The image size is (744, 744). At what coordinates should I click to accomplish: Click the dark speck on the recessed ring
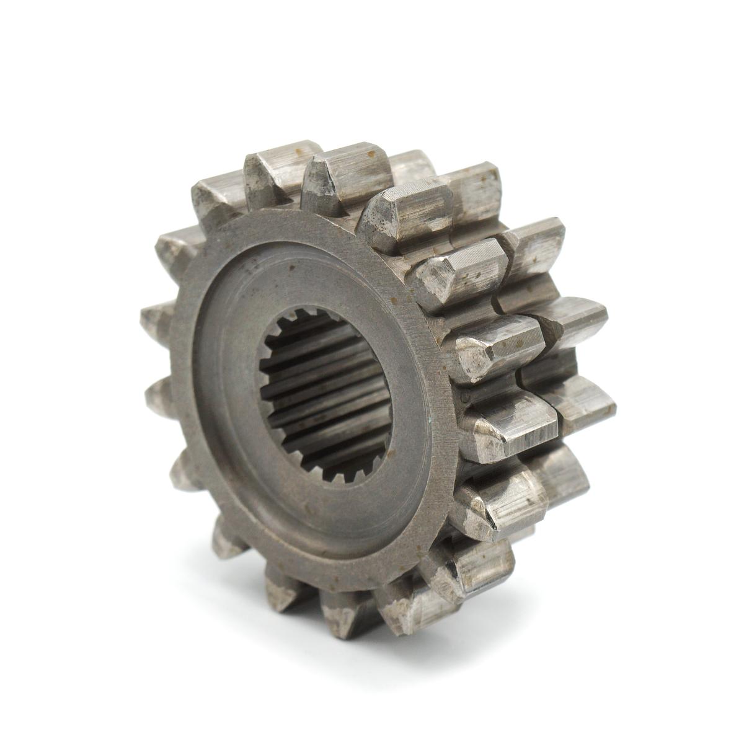point(290,268)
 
